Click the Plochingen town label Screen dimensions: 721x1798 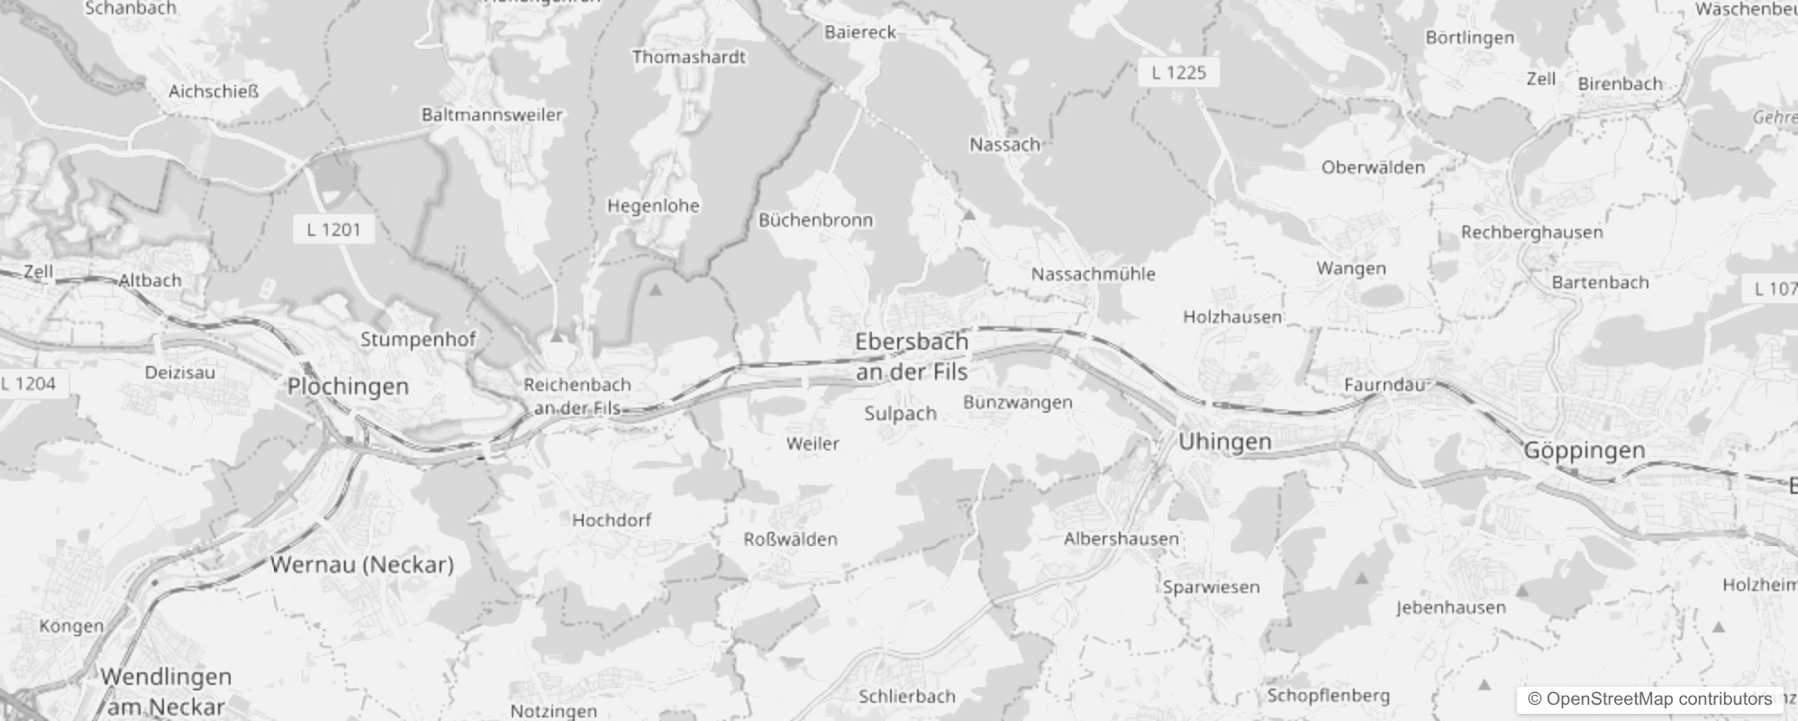(x=348, y=387)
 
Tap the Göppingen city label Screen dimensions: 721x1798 (x=1584, y=450)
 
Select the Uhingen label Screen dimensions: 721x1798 (x=1225, y=442)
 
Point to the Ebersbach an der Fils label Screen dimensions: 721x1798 (x=912, y=357)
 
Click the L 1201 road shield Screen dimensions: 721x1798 (x=333, y=230)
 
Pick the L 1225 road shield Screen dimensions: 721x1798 (x=1178, y=73)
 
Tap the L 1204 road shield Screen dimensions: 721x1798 (x=29, y=384)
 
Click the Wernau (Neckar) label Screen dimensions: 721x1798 (x=362, y=565)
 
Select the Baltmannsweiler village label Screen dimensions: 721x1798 (x=492, y=114)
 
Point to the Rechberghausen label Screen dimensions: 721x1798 (x=1531, y=233)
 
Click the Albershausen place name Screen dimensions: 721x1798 (x=1121, y=539)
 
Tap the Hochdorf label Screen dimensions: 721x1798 (x=611, y=520)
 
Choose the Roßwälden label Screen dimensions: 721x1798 (x=790, y=540)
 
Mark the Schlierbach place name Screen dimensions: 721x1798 (x=906, y=697)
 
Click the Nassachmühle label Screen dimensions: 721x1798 (x=1093, y=274)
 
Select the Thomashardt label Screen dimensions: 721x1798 (x=688, y=58)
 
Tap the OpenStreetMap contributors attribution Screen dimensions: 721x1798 (x=1649, y=699)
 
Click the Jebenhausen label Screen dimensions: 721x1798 (x=1450, y=607)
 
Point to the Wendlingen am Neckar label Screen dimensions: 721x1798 (x=166, y=690)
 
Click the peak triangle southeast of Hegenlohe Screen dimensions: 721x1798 (x=656, y=290)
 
